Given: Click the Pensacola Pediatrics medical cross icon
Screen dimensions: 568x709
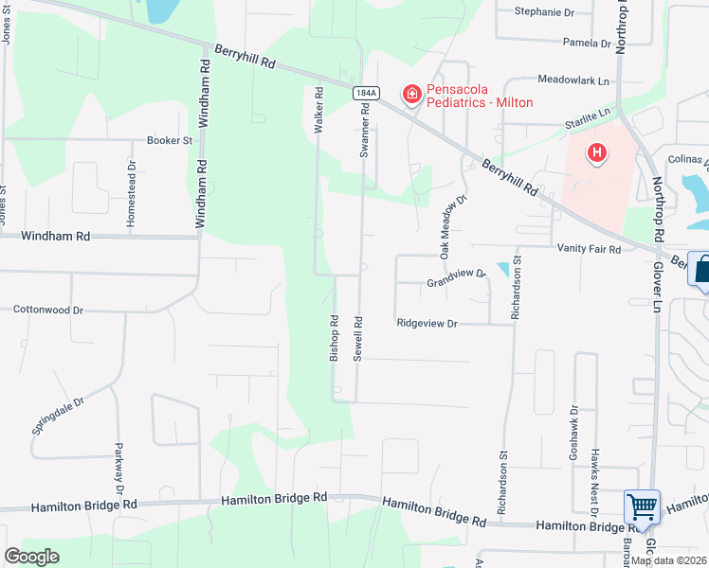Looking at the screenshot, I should [412, 94].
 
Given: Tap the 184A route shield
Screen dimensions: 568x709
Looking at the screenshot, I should [365, 93].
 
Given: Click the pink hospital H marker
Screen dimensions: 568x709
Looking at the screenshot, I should [597, 151].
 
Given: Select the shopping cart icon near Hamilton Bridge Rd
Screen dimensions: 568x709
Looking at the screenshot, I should [642, 507].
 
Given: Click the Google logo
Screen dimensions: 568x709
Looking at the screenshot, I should [31, 557].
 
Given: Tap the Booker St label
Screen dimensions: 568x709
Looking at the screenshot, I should [170, 140].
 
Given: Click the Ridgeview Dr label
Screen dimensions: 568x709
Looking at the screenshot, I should [427, 324].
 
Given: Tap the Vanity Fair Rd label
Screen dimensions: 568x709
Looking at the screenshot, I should [589, 249].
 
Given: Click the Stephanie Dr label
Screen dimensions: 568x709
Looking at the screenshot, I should [544, 12].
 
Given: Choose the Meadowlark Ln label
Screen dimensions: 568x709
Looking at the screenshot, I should [573, 81].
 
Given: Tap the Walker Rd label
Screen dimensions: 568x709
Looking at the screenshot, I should [319, 109].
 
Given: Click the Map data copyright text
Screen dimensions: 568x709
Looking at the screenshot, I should [669, 560].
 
